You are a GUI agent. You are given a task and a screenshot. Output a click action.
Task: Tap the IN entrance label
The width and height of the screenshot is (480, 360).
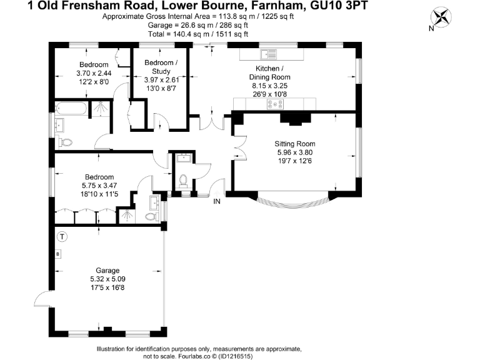(217, 201)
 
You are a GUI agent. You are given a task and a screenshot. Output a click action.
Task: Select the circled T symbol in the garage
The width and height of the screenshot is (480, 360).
(61, 236)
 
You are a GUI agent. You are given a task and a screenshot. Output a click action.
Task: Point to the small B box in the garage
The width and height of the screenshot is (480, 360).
(57, 254)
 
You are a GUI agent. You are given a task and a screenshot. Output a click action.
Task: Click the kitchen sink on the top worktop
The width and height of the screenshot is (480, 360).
(269, 54)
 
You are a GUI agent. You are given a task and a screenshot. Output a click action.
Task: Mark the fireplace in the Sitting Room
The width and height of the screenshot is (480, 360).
(292, 119)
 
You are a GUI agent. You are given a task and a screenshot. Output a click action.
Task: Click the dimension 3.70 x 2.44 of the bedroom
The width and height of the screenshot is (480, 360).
(93, 73)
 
